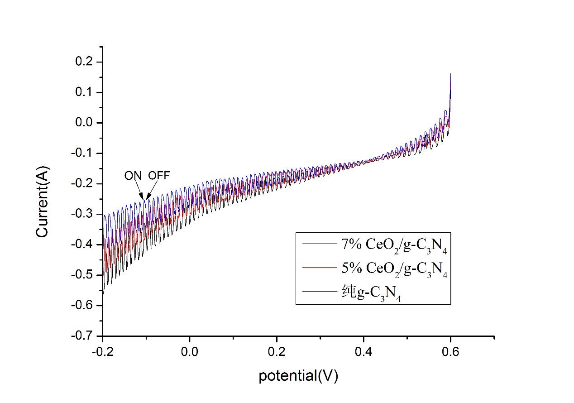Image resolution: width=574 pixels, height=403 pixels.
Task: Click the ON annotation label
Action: tap(133, 176)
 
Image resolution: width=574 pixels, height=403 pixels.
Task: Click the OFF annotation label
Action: tap(159, 176)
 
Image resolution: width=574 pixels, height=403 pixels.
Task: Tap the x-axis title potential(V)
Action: tap(298, 376)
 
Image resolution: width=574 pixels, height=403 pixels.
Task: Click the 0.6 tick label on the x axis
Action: tap(450, 351)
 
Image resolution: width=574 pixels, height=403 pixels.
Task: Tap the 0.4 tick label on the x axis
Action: tap(364, 351)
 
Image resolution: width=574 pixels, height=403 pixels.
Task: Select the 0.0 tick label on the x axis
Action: tap(190, 351)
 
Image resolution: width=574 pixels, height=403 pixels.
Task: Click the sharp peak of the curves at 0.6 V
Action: tap(450, 75)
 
